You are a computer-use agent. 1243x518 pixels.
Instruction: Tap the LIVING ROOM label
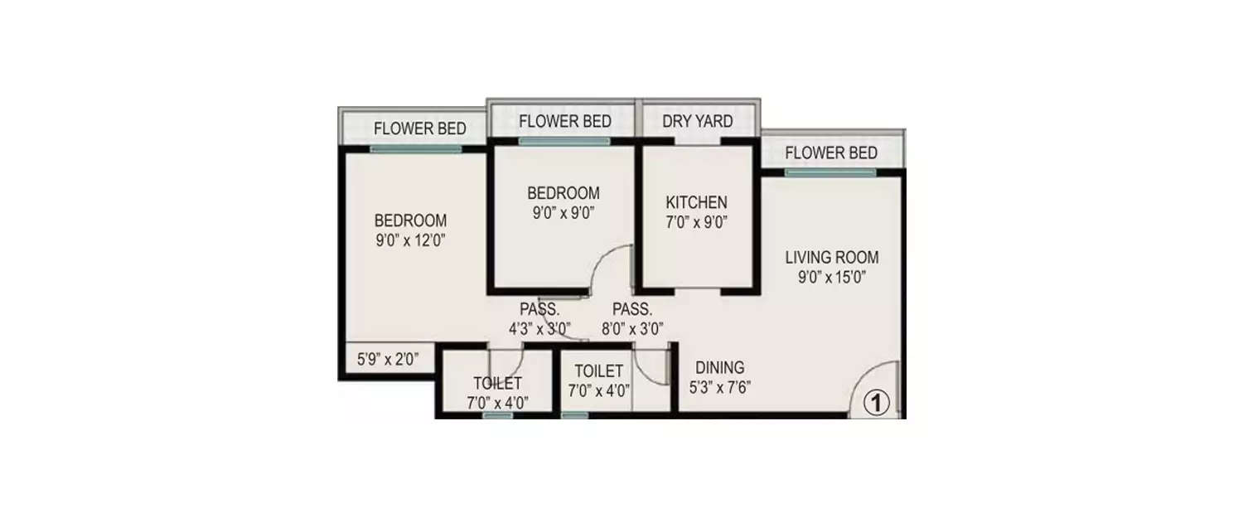click(x=832, y=257)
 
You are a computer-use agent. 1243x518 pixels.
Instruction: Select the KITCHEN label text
click(x=697, y=202)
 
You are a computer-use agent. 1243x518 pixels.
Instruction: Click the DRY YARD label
click(x=697, y=121)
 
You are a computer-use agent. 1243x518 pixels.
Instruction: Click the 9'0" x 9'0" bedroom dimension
click(x=563, y=212)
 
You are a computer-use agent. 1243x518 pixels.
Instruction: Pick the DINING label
click(x=719, y=367)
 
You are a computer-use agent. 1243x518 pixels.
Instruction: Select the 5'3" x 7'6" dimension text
click(x=719, y=386)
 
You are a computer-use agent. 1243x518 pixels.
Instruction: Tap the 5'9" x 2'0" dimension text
click(x=388, y=360)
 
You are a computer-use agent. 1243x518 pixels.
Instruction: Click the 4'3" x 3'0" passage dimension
click(x=539, y=327)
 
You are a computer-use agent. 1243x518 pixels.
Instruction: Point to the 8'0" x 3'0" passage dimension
click(x=631, y=327)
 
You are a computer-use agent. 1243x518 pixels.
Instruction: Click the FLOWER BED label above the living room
click(x=830, y=152)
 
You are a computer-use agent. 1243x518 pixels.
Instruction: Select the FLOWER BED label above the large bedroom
click(x=419, y=128)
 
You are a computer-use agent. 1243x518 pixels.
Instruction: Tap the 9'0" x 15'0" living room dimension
click(x=832, y=278)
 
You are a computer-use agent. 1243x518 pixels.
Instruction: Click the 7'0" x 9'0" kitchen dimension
click(x=697, y=222)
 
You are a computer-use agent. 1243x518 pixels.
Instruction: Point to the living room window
click(x=830, y=172)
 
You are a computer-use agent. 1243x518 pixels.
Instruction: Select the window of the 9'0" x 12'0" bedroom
click(x=415, y=149)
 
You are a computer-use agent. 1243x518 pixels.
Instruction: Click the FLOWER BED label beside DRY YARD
click(x=564, y=121)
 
